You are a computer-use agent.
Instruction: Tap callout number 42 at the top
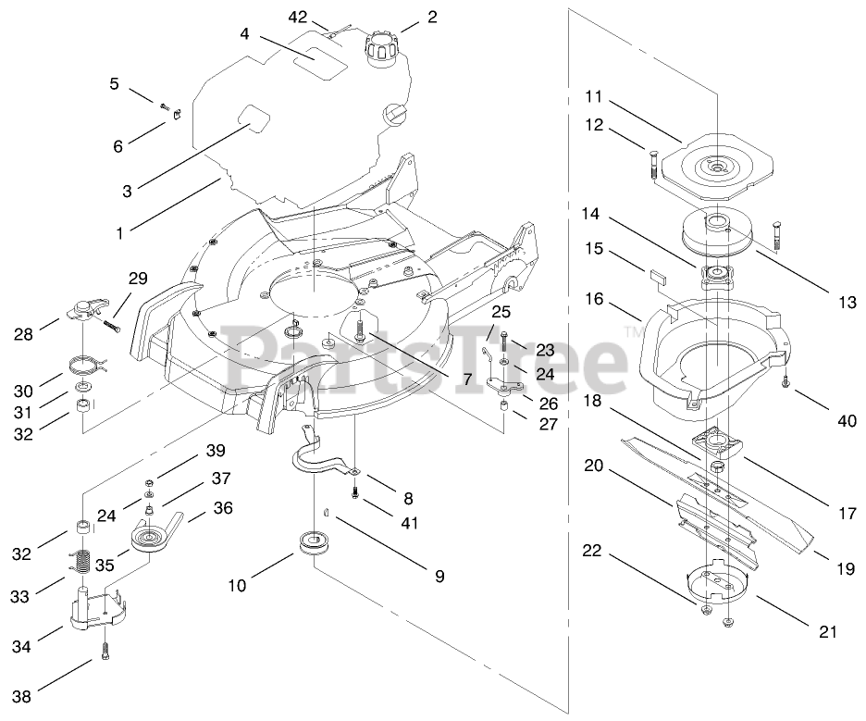pyautogui.click(x=298, y=17)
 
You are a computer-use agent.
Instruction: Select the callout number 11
pyautogui.click(x=593, y=97)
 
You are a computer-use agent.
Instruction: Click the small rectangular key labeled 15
pyautogui.click(x=658, y=275)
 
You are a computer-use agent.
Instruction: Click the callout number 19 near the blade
pyautogui.click(x=846, y=569)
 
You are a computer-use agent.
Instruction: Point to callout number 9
pyautogui.click(x=439, y=576)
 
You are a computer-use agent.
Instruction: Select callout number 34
pyautogui.click(x=21, y=645)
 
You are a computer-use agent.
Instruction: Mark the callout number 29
pyautogui.click(x=138, y=279)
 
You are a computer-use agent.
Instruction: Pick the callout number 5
pyautogui.click(x=114, y=83)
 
